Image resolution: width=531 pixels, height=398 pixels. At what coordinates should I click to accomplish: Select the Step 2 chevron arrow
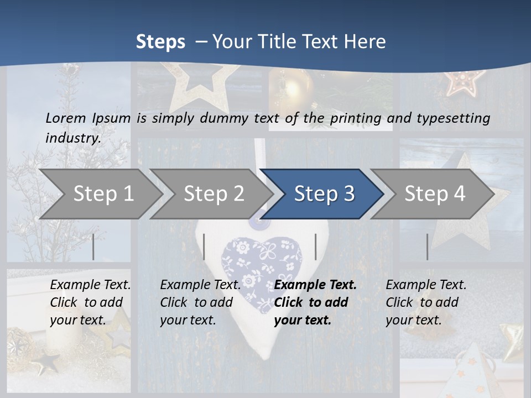pos(213,194)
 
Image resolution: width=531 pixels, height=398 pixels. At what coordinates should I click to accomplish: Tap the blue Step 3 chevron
pos(324,194)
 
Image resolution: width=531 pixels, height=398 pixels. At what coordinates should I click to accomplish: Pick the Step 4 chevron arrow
pos(434,194)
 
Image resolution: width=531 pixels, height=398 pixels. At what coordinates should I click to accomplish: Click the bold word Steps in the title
pos(160,42)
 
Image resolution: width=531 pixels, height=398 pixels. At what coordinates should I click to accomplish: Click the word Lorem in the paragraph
pos(65,118)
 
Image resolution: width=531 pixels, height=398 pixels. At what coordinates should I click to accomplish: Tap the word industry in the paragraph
pos(73,138)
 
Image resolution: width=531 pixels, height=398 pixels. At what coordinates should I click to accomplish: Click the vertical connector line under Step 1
pos(93,247)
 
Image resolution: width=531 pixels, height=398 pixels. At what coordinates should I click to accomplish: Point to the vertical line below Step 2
pos(204,247)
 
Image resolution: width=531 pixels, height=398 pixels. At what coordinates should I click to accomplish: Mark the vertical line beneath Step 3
pos(315,247)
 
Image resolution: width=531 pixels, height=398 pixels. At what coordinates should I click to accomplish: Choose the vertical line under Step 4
pos(427,247)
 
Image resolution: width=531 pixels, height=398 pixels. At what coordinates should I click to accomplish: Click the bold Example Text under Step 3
pos(315,285)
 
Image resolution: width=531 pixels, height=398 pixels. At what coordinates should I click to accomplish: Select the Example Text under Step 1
pos(90,285)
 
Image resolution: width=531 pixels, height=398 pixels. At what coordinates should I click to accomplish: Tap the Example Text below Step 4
pos(426,285)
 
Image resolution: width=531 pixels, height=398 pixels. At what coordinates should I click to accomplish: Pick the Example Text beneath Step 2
pos(200,285)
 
